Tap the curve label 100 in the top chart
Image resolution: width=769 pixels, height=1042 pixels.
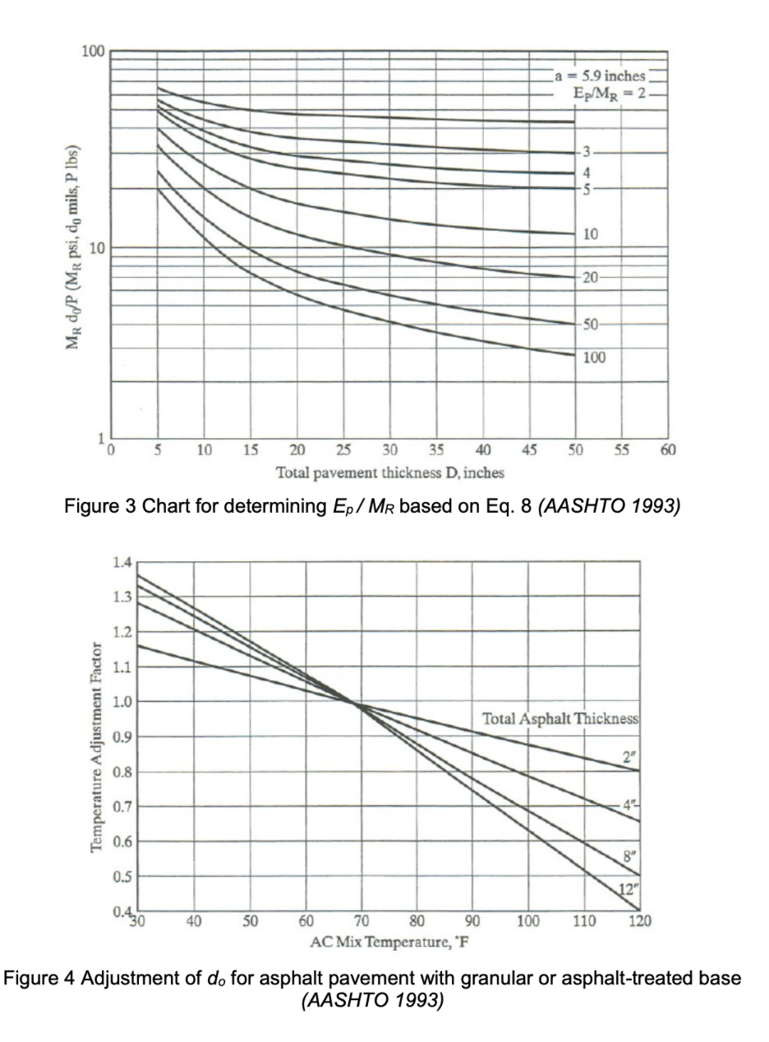pos(595,358)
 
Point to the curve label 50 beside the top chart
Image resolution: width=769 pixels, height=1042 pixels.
pos(593,324)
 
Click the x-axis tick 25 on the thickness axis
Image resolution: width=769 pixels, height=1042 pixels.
pos(343,450)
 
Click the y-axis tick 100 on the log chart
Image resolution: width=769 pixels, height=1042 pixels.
pos(93,53)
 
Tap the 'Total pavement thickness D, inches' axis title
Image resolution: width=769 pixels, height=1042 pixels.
pos(390,473)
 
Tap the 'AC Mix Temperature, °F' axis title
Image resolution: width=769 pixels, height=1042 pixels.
pos(389,941)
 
